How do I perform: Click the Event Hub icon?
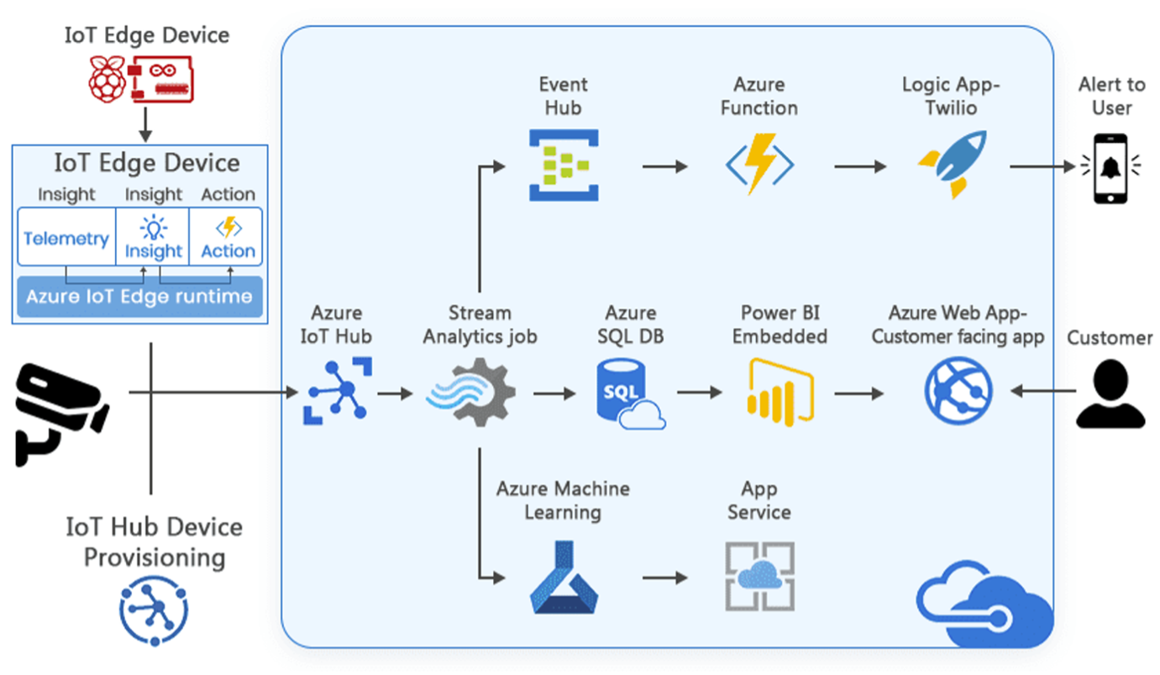point(564,166)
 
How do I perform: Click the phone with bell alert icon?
point(1110,166)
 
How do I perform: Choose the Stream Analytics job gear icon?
point(471,392)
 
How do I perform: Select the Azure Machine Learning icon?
point(564,577)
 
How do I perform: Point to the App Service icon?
point(759,577)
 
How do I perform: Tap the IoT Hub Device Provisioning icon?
point(153,609)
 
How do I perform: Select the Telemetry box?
point(66,239)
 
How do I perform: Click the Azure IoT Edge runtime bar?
point(139,297)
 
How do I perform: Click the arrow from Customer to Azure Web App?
point(1044,392)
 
